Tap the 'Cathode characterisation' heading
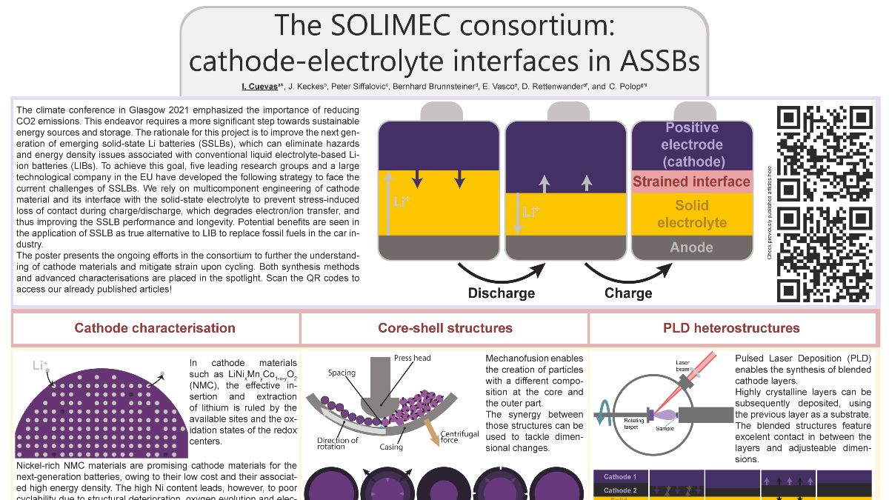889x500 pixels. click(155, 328)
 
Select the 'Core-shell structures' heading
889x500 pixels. click(444, 328)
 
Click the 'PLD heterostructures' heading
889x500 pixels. click(731, 328)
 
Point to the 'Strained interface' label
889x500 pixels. click(691, 181)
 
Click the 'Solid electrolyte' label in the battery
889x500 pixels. click(691, 214)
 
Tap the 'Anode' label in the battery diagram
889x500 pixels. click(691, 247)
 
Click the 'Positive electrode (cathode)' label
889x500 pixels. click(691, 144)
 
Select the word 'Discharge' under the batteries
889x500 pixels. click(501, 293)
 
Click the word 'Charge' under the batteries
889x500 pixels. click(628, 293)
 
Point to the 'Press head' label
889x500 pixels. click(412, 358)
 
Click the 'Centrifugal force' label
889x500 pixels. click(459, 438)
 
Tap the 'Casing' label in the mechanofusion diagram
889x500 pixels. click(391, 447)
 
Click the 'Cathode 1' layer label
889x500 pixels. click(619, 477)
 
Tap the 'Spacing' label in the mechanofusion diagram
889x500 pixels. click(342, 373)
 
